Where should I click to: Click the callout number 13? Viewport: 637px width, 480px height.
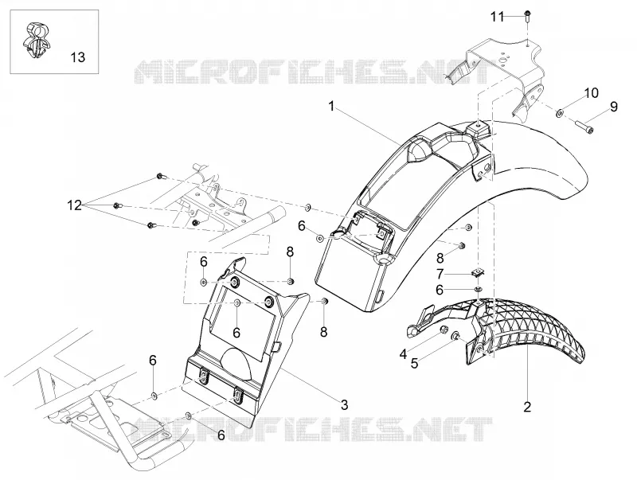point(77,57)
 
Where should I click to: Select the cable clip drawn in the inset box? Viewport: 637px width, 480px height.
point(35,41)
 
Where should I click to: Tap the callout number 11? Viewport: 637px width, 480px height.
point(497,17)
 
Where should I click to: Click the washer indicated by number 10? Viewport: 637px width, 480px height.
point(560,112)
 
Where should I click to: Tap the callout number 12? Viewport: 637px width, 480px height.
point(75,205)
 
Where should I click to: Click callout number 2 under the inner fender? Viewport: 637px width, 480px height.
point(527,407)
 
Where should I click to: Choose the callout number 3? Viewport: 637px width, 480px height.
point(345,404)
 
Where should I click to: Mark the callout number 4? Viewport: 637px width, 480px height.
point(403,354)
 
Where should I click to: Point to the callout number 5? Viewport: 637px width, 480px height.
point(414,364)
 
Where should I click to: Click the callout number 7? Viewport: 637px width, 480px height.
point(440,275)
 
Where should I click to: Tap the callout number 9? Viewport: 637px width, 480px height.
point(613,107)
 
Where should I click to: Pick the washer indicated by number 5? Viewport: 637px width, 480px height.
point(455,336)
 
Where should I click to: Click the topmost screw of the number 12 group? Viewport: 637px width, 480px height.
point(160,176)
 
